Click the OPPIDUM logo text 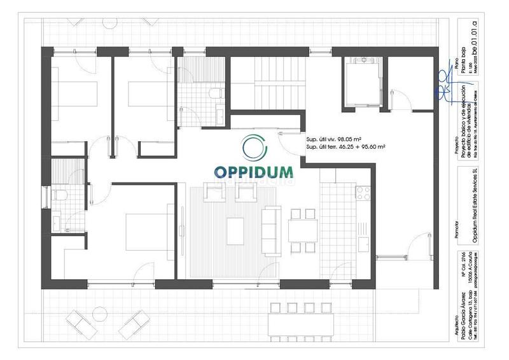pyautogui.click(x=253, y=172)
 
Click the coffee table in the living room pyautogui.click(x=235, y=228)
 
